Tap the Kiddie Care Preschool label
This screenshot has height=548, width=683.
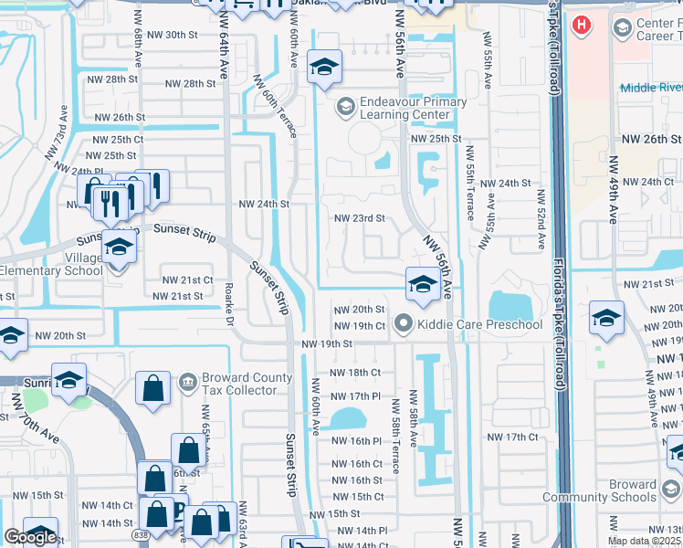point(479,324)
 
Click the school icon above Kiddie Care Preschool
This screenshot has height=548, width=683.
point(422,283)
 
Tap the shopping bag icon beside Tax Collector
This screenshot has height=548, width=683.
point(153,388)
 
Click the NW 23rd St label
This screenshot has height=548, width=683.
point(359,218)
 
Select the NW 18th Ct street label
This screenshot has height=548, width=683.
point(354,373)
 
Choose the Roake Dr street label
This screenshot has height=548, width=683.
point(230,302)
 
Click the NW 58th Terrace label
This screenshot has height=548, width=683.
point(395,446)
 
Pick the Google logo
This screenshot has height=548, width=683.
point(30,537)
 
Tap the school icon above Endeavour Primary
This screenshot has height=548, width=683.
point(322,67)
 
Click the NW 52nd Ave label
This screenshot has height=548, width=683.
point(541,220)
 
